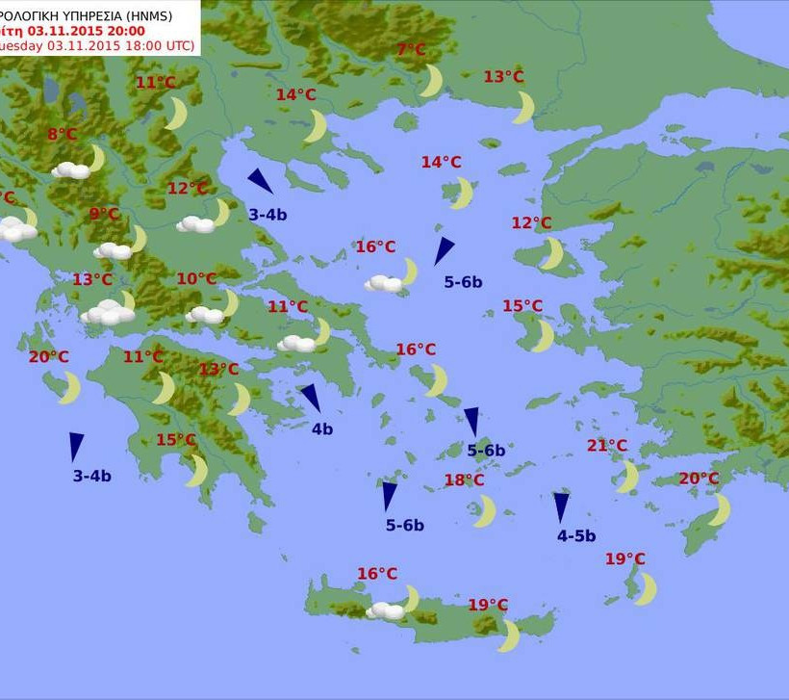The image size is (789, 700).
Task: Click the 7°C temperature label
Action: click(411, 50)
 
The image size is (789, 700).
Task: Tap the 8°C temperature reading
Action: click(62, 135)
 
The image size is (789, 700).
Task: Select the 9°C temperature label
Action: click(104, 214)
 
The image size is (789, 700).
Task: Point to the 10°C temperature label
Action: click(196, 279)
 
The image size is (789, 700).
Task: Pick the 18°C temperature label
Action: click(464, 480)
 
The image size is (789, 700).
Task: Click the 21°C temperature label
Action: click(607, 446)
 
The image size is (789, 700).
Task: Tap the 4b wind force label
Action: click(321, 429)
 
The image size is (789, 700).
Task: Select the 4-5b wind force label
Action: click(576, 536)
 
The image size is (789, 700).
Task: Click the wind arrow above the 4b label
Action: click(310, 398)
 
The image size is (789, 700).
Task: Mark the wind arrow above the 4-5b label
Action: click(561, 507)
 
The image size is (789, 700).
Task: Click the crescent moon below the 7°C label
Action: click(431, 81)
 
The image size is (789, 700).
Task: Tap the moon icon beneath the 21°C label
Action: click(627, 476)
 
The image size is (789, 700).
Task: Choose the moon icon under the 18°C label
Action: click(484, 511)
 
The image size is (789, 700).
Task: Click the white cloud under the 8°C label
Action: click(70, 170)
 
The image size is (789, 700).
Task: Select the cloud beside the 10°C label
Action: click(204, 315)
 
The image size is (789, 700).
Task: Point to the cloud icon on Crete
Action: click(386, 610)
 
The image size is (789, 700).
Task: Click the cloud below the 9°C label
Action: click(113, 250)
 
